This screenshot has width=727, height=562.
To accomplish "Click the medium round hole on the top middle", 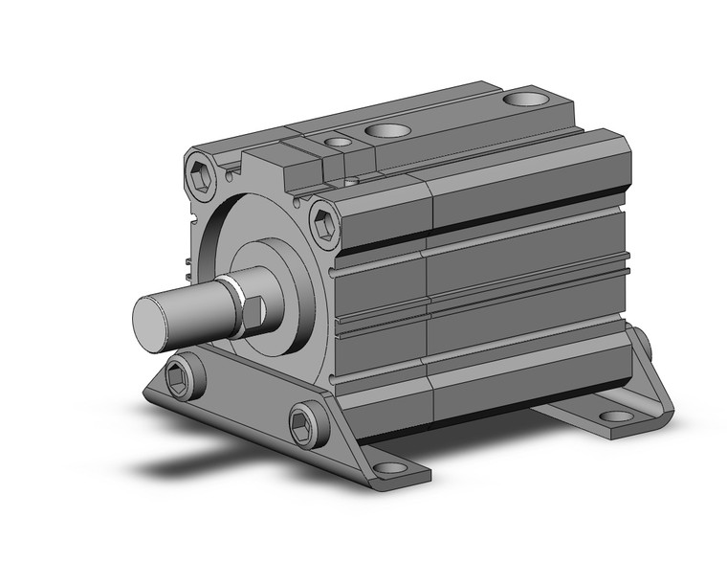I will [x=387, y=129].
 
